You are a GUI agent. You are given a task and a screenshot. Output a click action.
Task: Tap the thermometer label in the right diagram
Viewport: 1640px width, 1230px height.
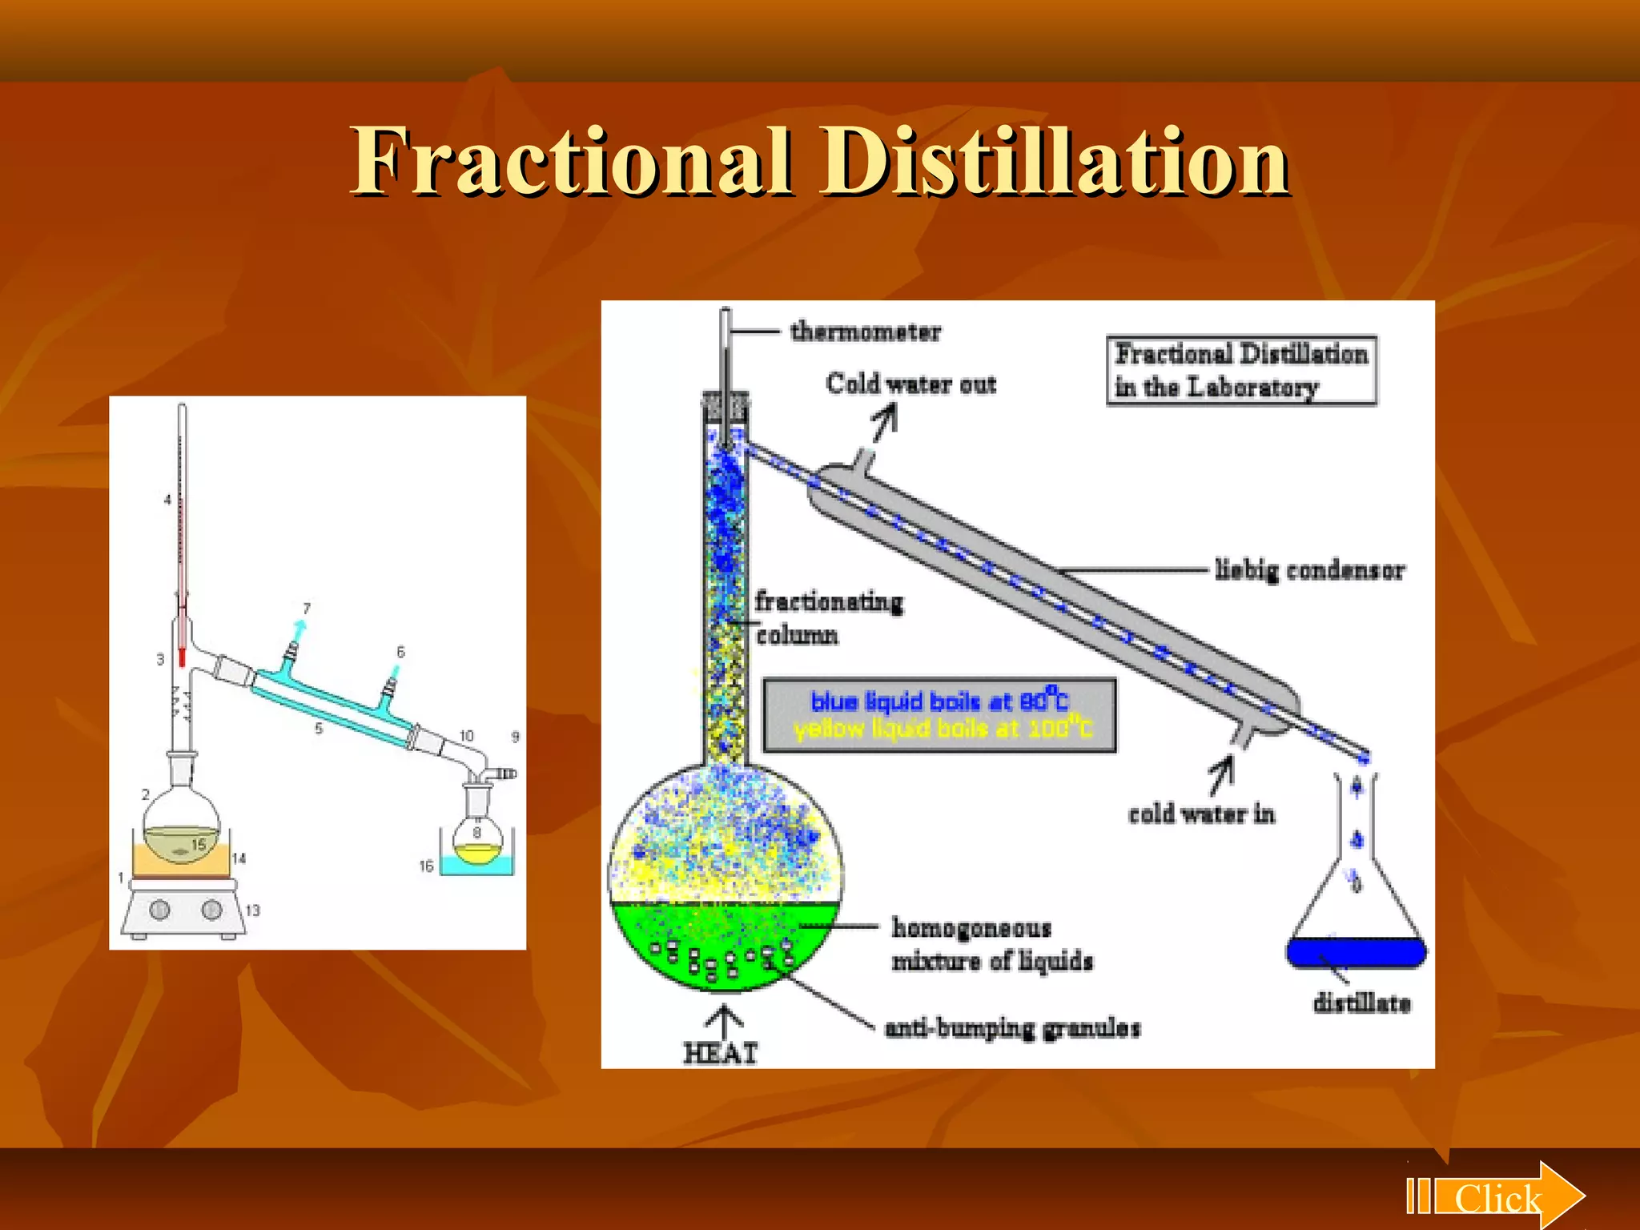click(x=866, y=332)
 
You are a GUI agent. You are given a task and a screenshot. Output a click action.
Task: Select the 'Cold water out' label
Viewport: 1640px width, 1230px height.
click(x=910, y=384)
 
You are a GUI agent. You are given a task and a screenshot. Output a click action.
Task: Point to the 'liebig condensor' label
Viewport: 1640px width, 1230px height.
click(x=1309, y=570)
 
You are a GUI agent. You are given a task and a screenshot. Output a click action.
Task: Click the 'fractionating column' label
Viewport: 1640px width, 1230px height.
click(x=828, y=617)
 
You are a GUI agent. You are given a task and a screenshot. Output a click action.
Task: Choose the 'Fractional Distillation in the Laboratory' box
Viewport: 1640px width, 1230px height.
click(x=1241, y=370)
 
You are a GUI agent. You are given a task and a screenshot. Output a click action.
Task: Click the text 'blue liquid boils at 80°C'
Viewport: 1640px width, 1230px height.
click(x=939, y=701)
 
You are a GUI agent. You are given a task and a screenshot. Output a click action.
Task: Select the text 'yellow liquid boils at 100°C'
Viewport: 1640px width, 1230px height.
click(x=943, y=730)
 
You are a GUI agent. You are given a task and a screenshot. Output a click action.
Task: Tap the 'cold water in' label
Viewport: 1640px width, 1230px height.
click(x=1200, y=814)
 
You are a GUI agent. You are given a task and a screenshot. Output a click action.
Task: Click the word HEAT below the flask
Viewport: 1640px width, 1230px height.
click(x=720, y=1053)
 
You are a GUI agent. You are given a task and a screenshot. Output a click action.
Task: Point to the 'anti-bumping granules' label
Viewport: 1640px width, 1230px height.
click(x=1012, y=1028)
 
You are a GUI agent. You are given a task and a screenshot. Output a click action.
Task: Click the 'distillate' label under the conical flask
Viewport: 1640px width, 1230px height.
click(x=1361, y=1003)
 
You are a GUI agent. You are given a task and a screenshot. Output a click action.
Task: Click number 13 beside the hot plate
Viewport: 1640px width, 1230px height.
click(x=253, y=910)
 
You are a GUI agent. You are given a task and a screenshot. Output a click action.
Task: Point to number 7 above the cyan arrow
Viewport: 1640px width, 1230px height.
click(x=307, y=609)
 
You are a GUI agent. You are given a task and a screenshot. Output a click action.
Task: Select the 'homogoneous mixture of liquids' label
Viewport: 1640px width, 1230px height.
click(x=991, y=944)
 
